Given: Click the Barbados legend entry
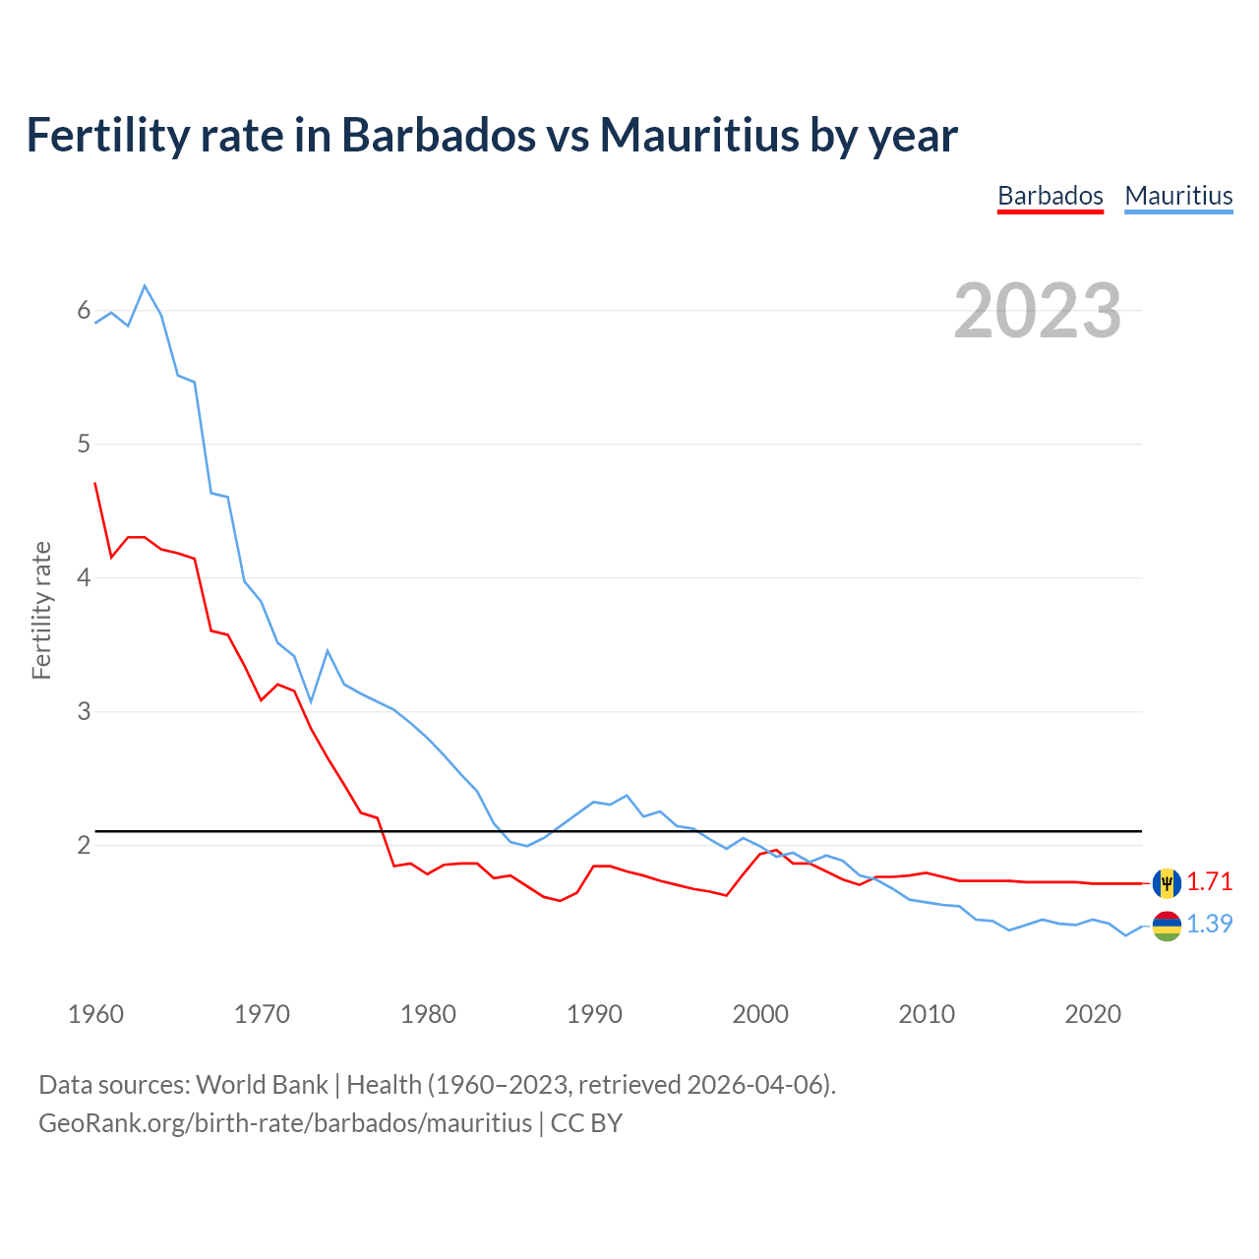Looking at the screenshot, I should (1049, 196).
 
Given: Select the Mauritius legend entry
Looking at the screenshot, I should (1178, 196).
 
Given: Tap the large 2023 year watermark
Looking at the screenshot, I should (1038, 311).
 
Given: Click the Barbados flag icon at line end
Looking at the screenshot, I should (1167, 883).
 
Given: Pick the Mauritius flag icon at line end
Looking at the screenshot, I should (1167, 926).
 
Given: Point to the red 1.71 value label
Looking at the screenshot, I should (1209, 881).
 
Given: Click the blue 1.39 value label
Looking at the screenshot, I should (1209, 924).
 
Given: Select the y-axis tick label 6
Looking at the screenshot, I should (84, 311).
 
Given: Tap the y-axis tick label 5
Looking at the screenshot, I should (84, 444).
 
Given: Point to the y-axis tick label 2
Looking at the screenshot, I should (84, 845).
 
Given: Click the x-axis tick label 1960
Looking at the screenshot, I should (95, 1014).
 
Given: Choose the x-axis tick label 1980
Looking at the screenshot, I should (428, 1014).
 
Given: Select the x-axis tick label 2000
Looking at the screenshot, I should (760, 1014).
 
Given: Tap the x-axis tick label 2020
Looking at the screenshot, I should (1093, 1014).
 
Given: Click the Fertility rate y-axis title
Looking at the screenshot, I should (41, 610).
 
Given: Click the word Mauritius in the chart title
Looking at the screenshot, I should (698, 135).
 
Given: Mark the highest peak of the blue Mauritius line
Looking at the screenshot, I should (145, 286).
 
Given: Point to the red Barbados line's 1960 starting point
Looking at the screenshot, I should (95, 483).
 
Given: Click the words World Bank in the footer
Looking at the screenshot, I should (262, 1085).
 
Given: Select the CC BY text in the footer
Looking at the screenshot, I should (586, 1123).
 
